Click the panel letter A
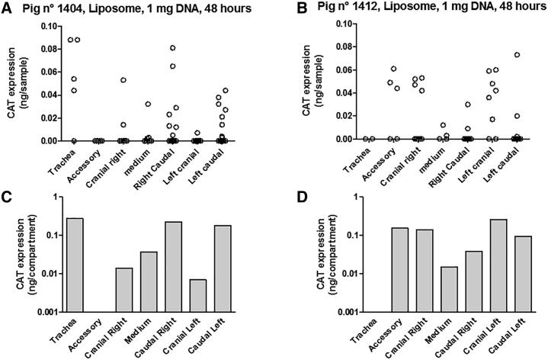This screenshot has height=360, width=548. click(6, 7)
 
